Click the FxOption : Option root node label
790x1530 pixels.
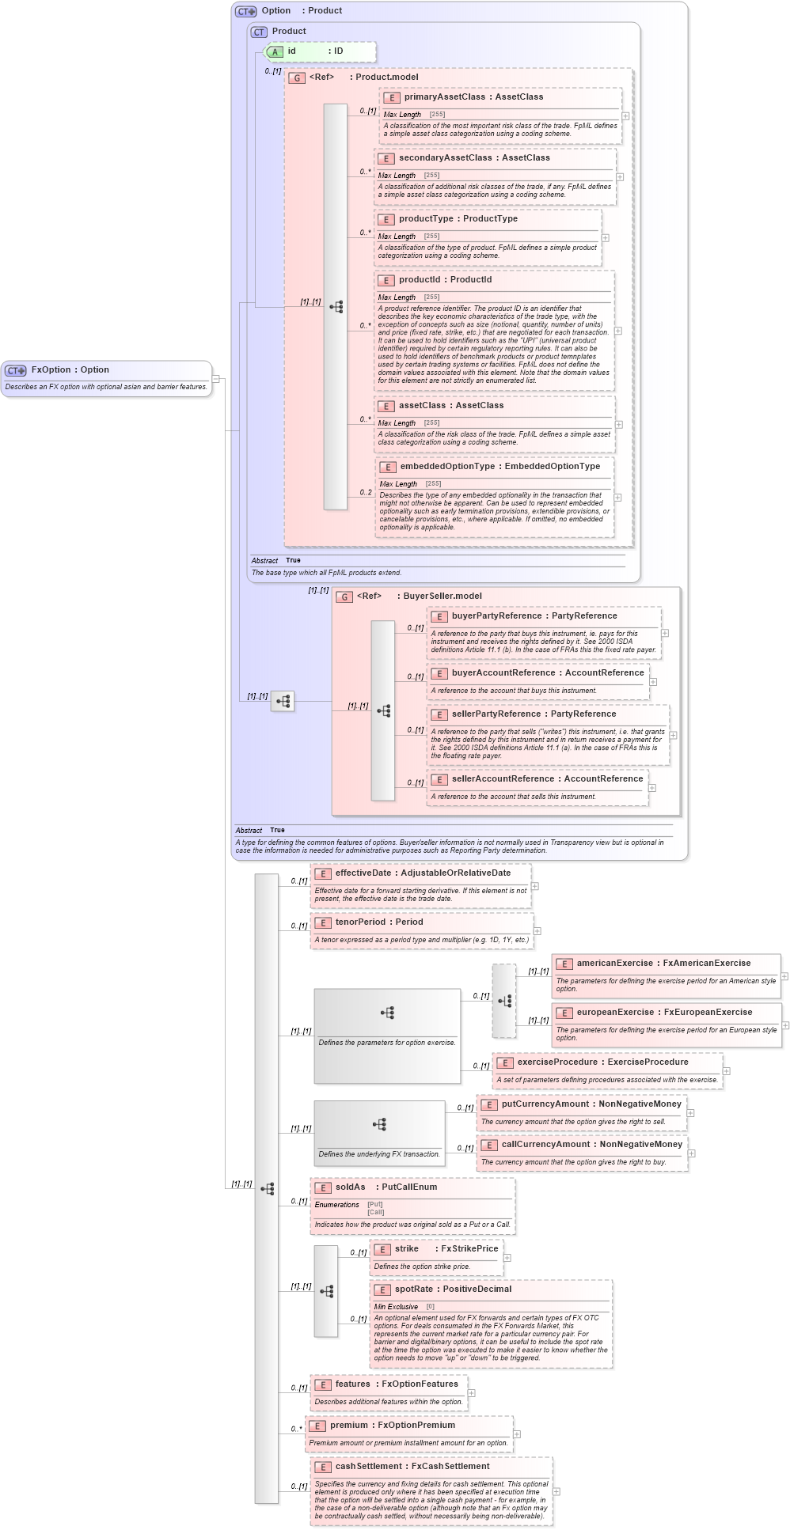tap(70, 369)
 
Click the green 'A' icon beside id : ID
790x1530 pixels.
tap(275, 51)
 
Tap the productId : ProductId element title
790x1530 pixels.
tap(445, 279)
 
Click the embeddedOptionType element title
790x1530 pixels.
tap(499, 466)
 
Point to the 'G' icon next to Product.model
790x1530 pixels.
tap(297, 78)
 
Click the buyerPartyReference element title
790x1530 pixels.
tap(534, 615)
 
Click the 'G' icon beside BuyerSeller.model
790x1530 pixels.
tap(344, 596)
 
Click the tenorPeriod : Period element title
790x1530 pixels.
tap(378, 922)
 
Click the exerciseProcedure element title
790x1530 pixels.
tap(602, 1062)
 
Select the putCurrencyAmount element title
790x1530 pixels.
tap(591, 1104)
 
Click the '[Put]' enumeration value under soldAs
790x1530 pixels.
tap(375, 1204)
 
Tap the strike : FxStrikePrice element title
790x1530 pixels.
tap(446, 1248)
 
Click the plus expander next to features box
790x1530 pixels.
tap(471, 1393)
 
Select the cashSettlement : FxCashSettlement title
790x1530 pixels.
tap(412, 1466)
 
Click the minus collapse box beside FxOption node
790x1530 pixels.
tap(216, 379)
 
